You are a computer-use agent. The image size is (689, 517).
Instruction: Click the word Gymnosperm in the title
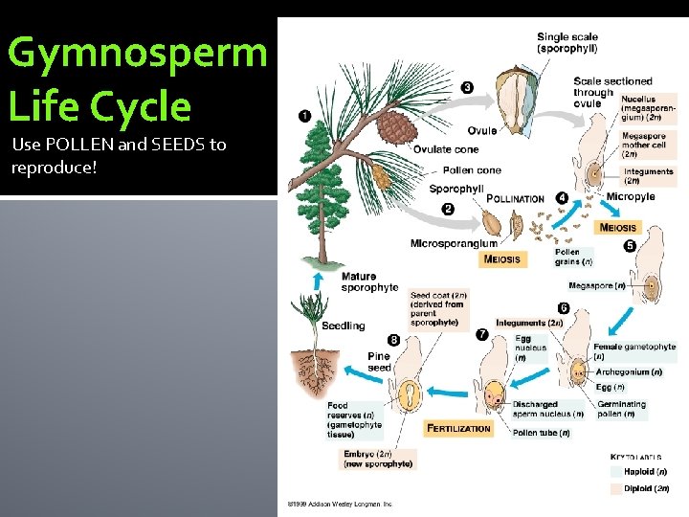[137, 54]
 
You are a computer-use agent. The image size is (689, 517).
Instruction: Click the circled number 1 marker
[304, 116]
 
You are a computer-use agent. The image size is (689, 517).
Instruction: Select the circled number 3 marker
[466, 87]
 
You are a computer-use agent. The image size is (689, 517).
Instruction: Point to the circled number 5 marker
[630, 246]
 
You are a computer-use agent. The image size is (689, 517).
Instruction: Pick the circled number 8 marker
[393, 339]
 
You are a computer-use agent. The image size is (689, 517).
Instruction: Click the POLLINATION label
[515, 199]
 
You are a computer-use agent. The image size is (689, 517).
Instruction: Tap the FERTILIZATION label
[458, 428]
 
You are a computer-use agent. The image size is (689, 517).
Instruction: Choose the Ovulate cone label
[445, 148]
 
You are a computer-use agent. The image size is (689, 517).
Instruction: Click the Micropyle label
[630, 197]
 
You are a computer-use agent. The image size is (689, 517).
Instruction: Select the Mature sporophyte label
[369, 281]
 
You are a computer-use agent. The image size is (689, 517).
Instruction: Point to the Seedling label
[343, 326]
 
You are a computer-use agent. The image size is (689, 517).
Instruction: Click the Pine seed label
[379, 361]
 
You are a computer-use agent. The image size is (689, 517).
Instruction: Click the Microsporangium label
[453, 243]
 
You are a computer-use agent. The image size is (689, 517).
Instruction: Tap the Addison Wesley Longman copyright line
[341, 504]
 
